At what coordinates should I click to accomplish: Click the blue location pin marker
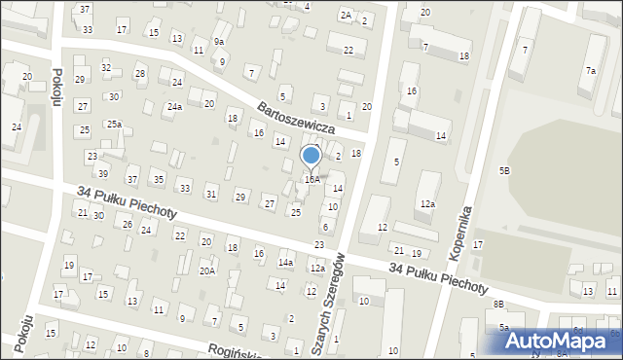coord(311,156)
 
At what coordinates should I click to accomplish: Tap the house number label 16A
coord(311,179)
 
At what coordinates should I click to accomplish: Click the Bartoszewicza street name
coord(297,116)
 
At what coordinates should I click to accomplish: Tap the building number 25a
coord(114,124)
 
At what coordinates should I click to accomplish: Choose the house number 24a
coord(173,106)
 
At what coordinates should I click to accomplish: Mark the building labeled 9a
coord(220,42)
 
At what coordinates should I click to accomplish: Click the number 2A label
coord(346,15)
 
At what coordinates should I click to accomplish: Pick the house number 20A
coord(207,271)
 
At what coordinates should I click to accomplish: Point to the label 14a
coord(285,263)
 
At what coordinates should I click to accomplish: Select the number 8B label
coord(498,305)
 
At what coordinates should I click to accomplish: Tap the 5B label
coord(504,170)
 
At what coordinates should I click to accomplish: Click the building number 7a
coord(590,70)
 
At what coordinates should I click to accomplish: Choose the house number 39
coord(102,173)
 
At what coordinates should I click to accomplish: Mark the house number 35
coord(158,180)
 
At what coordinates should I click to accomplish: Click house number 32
coord(106,68)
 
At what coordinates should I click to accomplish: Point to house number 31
coord(210,195)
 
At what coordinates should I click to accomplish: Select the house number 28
coord(140,74)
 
